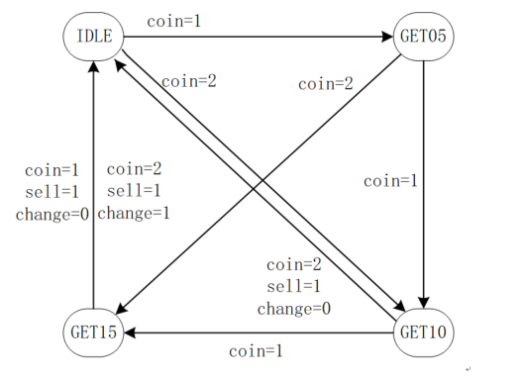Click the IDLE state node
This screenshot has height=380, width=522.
click(x=94, y=39)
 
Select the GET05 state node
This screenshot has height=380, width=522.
click(x=423, y=39)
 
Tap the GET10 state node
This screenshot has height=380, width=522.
click(x=423, y=332)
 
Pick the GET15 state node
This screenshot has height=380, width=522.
click(x=94, y=332)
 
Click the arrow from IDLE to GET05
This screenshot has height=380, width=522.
click(x=258, y=39)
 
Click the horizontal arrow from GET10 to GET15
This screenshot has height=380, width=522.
click(x=258, y=332)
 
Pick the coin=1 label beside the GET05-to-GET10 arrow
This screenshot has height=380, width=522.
click(x=391, y=181)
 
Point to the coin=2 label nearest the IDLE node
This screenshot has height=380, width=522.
click(x=188, y=81)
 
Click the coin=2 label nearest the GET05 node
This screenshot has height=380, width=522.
click(x=325, y=84)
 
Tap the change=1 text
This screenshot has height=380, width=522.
click(x=134, y=212)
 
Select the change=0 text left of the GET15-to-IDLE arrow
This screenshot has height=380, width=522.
click(x=49, y=212)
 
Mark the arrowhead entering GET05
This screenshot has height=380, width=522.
click(x=387, y=39)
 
